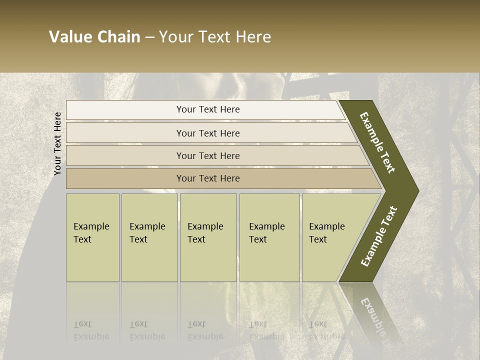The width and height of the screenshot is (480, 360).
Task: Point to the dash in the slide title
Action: point(149,37)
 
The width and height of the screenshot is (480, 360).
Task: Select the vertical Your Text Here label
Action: point(57,143)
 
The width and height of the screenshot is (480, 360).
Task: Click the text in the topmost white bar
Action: point(208,109)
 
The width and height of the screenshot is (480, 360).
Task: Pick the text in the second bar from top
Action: point(208,133)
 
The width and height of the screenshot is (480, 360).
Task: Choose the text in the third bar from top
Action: point(208,156)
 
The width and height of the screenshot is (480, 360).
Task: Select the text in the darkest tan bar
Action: point(208,178)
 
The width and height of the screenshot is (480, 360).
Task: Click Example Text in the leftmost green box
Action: point(91,233)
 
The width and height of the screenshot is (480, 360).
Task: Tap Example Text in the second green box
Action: point(147,233)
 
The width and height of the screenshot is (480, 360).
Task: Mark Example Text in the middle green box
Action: point(205,233)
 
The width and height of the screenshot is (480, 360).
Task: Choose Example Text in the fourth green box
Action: point(266,233)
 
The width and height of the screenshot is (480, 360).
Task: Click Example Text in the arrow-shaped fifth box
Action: point(326,233)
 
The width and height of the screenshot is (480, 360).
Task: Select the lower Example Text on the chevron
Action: point(379,236)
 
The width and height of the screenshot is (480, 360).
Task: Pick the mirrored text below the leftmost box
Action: point(91,331)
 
